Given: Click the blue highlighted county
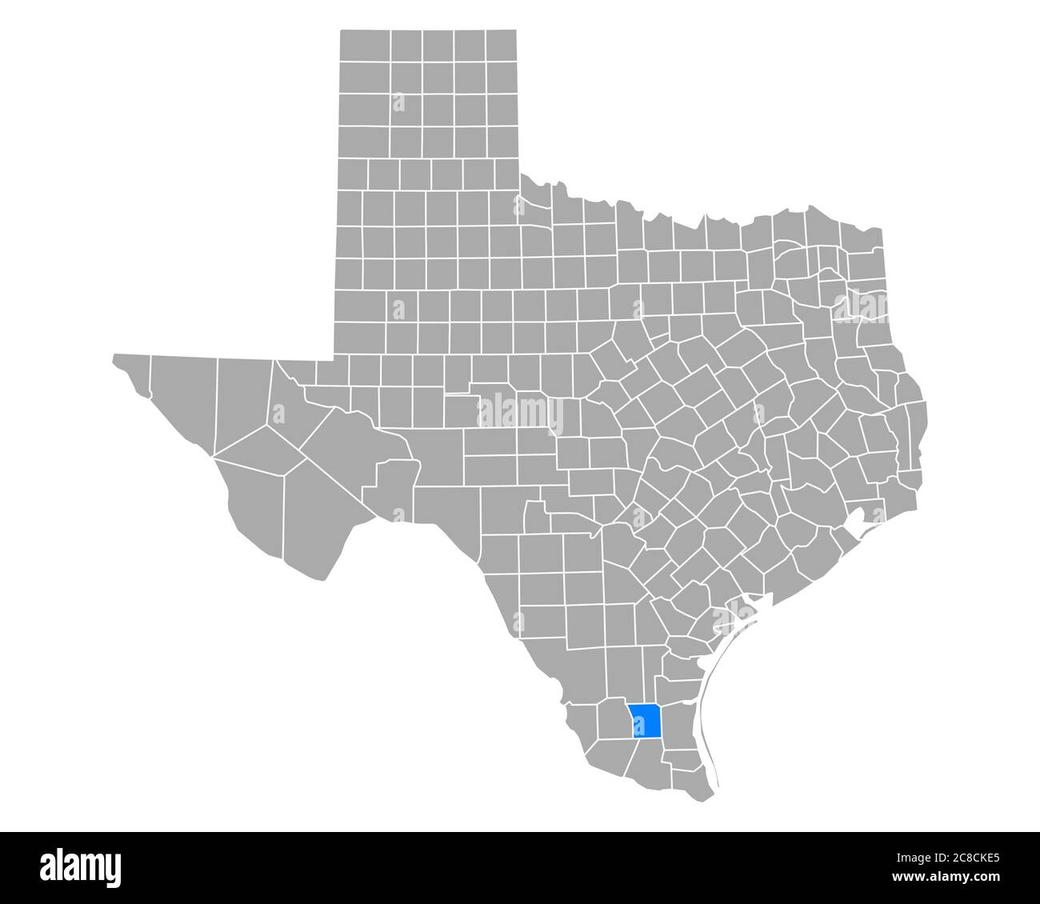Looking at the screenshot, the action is point(645,719).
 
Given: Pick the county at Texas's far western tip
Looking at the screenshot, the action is point(132,371).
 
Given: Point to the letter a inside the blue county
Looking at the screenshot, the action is point(638,726).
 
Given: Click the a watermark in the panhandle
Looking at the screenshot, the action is point(398,102).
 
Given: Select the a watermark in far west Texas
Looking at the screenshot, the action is point(278,414).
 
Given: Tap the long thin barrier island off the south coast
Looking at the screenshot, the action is point(707,720).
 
